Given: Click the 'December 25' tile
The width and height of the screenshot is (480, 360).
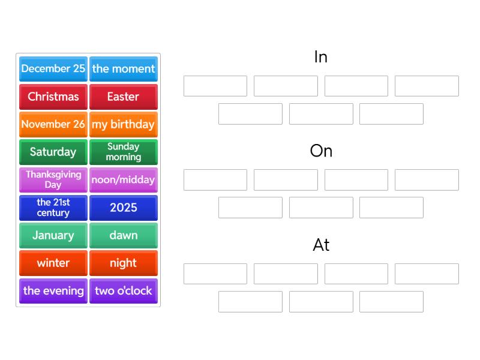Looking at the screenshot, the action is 53,69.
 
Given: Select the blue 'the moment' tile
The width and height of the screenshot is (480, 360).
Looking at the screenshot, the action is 124,69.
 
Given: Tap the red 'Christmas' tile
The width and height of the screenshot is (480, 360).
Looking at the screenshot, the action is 53,97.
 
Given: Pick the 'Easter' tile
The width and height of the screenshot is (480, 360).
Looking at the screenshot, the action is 124,97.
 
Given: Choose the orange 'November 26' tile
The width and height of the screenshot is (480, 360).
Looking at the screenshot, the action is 53,124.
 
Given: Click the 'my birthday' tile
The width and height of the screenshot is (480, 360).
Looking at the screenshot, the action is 124,124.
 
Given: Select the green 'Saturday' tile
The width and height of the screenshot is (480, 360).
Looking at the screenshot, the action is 53,152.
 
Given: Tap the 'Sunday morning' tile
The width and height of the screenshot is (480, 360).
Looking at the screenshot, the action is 124,152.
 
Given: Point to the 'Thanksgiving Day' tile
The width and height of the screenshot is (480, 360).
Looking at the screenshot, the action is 53,180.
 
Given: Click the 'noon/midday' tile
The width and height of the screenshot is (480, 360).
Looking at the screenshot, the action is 124,180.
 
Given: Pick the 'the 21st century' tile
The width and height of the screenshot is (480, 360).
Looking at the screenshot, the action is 53,208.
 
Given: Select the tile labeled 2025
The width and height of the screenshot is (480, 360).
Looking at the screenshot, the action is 124,208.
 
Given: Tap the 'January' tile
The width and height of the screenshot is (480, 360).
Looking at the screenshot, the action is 53,235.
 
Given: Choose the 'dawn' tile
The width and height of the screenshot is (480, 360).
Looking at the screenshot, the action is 124,235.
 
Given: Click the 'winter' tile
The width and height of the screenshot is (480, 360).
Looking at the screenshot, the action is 53,263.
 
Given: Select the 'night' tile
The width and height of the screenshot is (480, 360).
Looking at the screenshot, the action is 124,263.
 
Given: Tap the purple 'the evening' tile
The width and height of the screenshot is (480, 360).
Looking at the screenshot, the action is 53,291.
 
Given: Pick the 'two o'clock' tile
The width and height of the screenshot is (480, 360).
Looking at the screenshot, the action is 124,291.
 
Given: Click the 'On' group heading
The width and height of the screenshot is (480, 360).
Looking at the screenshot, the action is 321,151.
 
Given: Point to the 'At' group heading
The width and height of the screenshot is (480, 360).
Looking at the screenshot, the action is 321,245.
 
